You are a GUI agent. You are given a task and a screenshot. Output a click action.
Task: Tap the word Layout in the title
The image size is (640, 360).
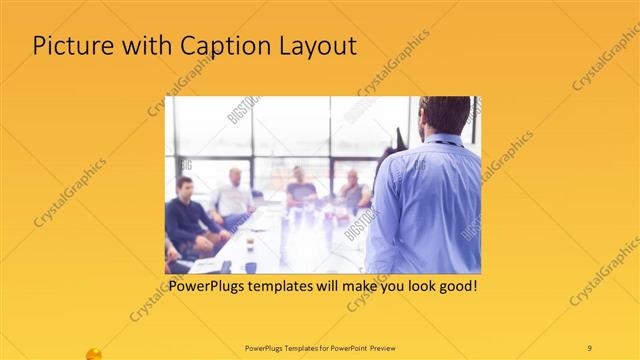pyautogui.click(x=314, y=46)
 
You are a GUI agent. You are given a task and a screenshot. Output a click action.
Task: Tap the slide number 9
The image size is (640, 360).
pyautogui.click(x=589, y=347)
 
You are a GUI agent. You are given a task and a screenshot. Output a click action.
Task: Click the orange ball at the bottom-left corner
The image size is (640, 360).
pyautogui.click(x=94, y=354)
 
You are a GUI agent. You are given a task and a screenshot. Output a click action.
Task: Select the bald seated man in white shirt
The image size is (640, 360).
pyautogui.click(x=233, y=194)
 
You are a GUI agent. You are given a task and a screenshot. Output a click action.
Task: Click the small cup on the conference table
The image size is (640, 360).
pyautogui.click(x=250, y=243)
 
